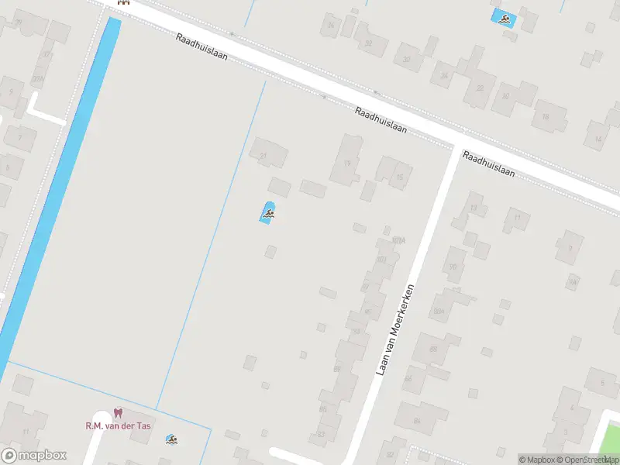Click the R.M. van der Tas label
tap(118, 425)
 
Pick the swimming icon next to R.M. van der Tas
tap(171, 440)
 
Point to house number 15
tap(395, 173)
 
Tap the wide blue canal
tap(58, 194)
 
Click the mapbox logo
tap(34, 455)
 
